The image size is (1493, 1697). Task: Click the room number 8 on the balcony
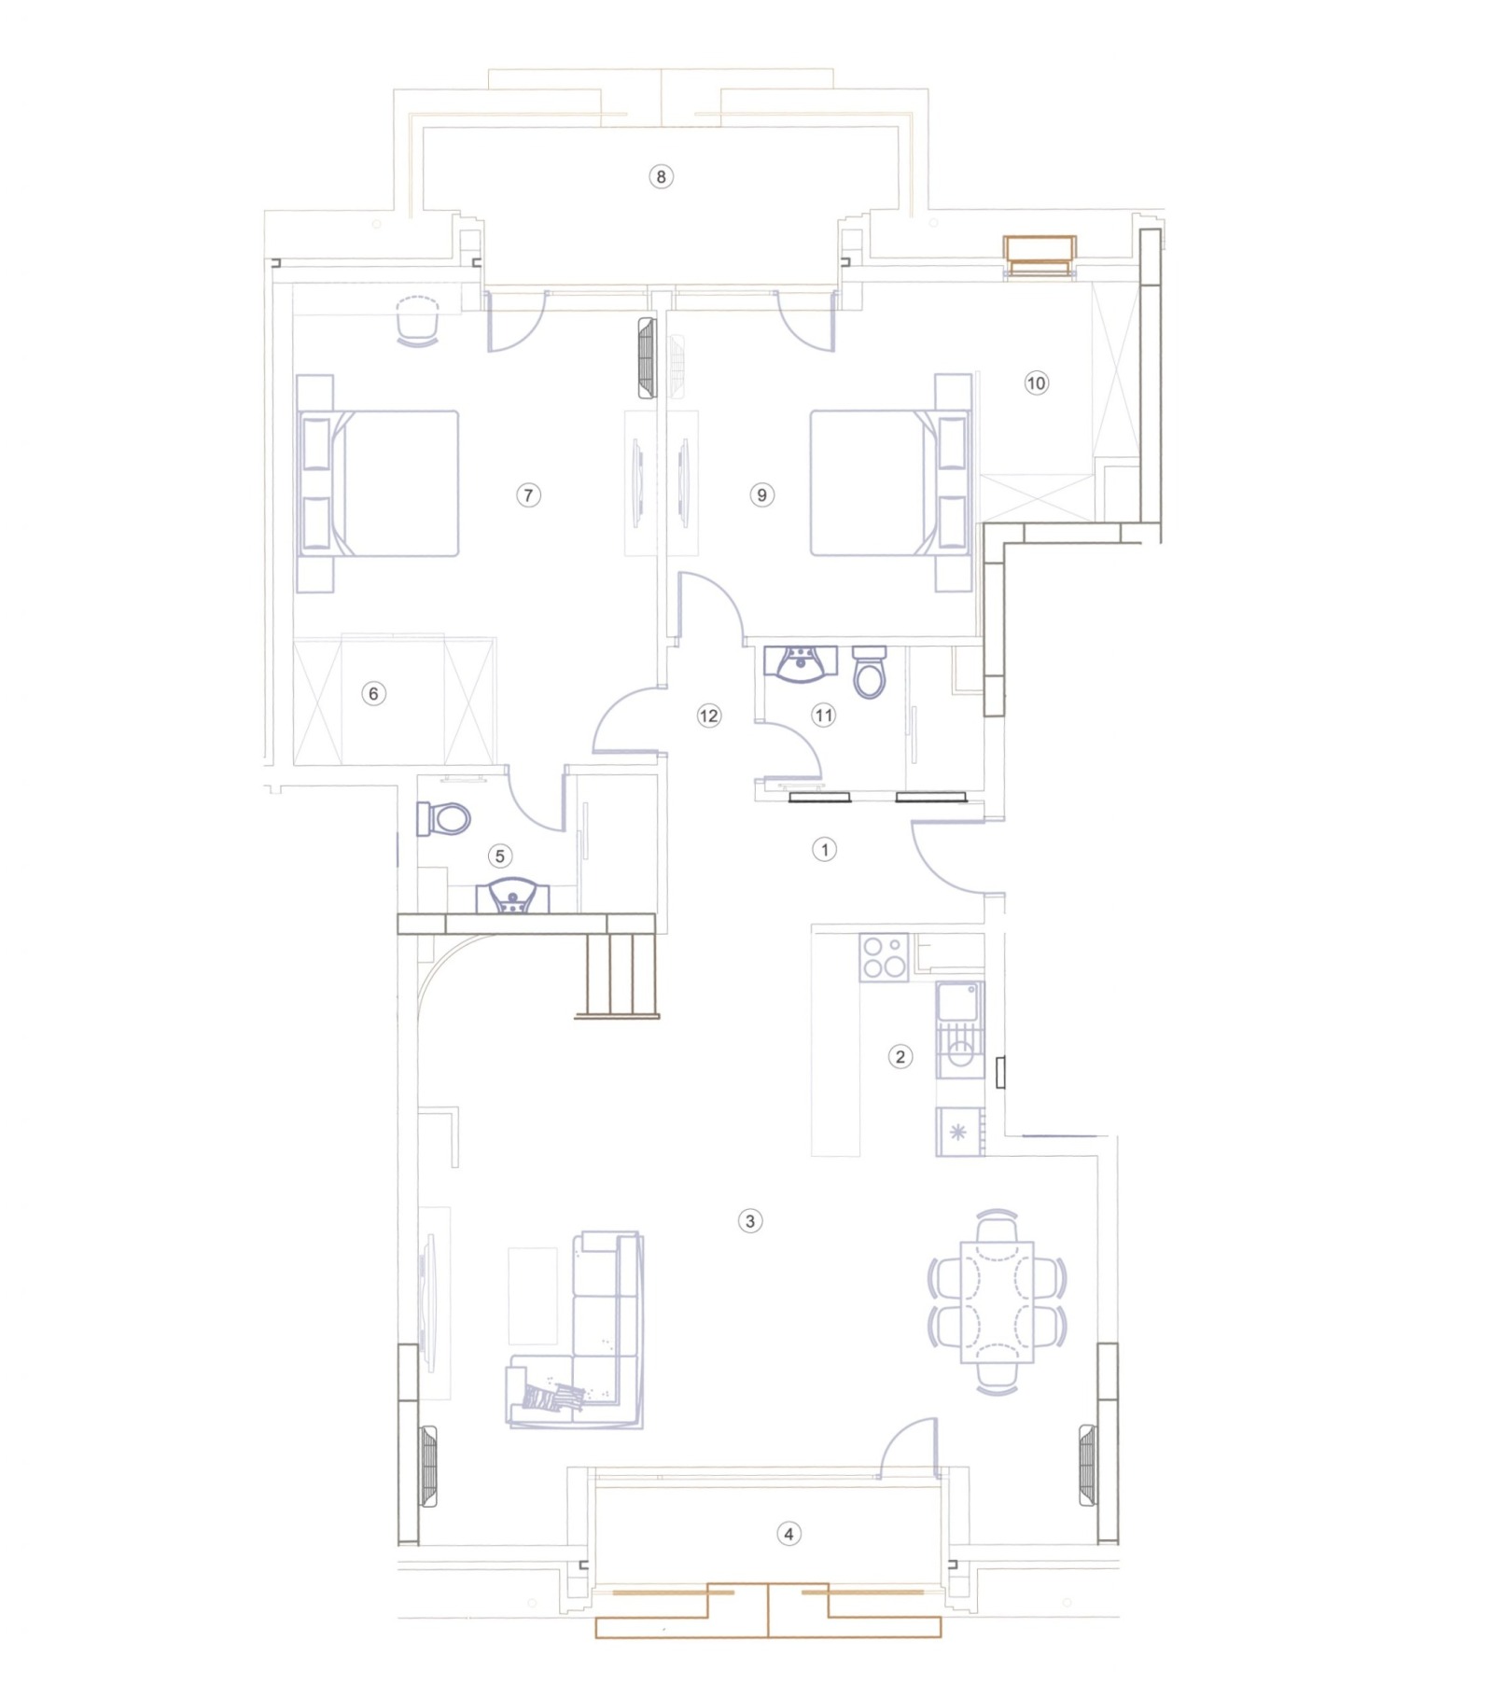click(x=661, y=176)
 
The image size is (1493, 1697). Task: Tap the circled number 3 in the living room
click(x=750, y=1220)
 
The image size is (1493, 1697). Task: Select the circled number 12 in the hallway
click(x=709, y=716)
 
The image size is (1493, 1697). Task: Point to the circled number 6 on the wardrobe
click(x=374, y=693)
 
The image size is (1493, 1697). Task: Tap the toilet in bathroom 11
click(x=870, y=672)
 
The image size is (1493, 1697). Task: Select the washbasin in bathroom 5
click(x=512, y=897)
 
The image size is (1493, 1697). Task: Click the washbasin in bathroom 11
click(x=801, y=664)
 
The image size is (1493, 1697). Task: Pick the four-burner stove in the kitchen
click(x=885, y=957)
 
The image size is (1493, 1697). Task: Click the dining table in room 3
click(x=998, y=1301)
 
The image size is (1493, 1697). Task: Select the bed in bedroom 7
click(x=379, y=483)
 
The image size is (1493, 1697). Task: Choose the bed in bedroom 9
click(x=890, y=483)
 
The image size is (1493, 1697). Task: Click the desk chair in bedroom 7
click(x=417, y=323)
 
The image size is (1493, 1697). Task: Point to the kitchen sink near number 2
click(x=959, y=1030)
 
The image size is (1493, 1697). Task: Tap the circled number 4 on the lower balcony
click(x=788, y=1534)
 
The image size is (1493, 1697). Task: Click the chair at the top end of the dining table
click(x=998, y=1226)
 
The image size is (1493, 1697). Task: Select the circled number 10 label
click(x=1036, y=383)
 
